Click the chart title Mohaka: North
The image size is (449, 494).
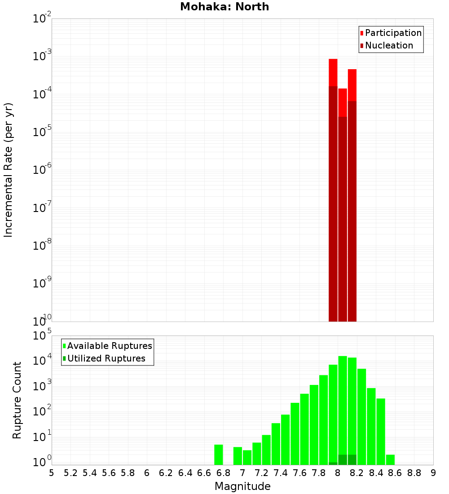point(224,7)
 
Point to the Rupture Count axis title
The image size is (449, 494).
point(17,400)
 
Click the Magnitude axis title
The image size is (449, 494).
point(242,486)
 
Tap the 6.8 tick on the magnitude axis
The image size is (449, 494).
point(223,473)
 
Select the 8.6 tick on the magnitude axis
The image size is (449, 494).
point(395,473)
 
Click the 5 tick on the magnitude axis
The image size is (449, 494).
point(52,473)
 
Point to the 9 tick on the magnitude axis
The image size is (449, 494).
point(433,473)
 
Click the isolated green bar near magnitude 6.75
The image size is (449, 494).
point(219,454)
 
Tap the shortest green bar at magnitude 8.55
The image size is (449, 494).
point(390,460)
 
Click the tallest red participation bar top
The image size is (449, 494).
point(333,60)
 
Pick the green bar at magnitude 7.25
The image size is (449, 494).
point(266,450)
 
